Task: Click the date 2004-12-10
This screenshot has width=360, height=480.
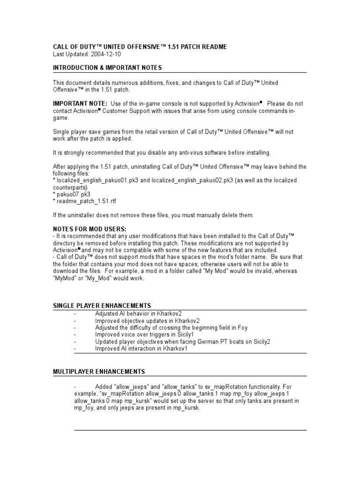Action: coord(105,54)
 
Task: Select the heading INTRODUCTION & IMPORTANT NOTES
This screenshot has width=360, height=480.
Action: coord(107,68)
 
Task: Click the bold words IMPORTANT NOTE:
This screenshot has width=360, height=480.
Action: coord(80,104)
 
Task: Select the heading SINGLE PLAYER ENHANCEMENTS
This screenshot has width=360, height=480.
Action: coord(102,306)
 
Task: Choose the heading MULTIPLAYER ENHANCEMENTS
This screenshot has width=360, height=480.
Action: coord(99,372)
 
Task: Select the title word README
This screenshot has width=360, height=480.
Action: coord(215,47)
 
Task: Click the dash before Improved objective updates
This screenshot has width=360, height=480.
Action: coord(75,321)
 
